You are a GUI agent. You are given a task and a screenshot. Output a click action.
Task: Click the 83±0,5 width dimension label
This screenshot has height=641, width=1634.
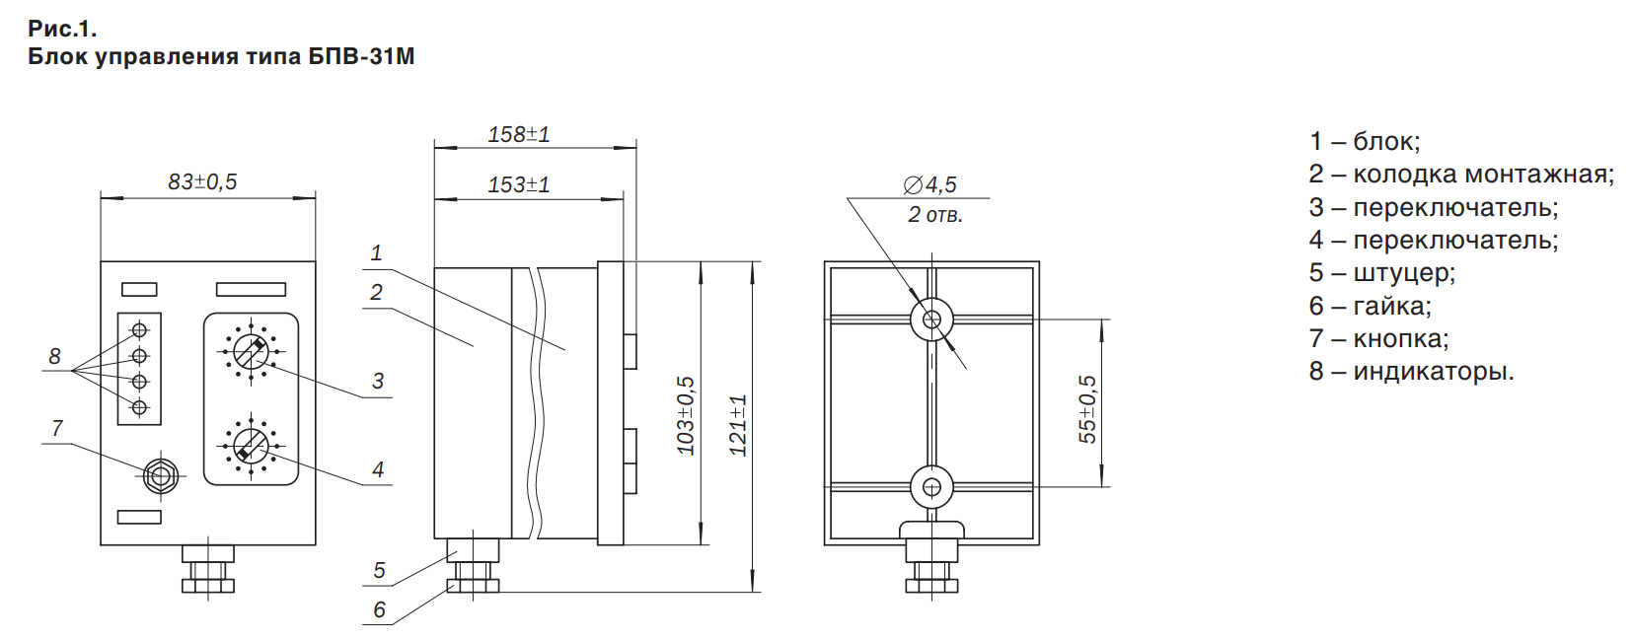point(203,181)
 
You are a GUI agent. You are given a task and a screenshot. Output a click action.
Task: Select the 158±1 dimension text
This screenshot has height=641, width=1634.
point(519,134)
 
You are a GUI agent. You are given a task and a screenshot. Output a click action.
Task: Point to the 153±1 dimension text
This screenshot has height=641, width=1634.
point(519,184)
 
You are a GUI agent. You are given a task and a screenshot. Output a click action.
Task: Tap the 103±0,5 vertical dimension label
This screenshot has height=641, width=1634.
point(687,416)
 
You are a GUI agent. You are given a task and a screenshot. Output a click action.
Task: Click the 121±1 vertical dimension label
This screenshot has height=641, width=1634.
point(738,426)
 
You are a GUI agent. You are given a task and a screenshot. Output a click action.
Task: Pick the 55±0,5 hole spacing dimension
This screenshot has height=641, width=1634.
point(1087,409)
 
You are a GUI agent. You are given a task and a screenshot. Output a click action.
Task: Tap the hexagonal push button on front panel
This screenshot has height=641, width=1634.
point(161,476)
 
